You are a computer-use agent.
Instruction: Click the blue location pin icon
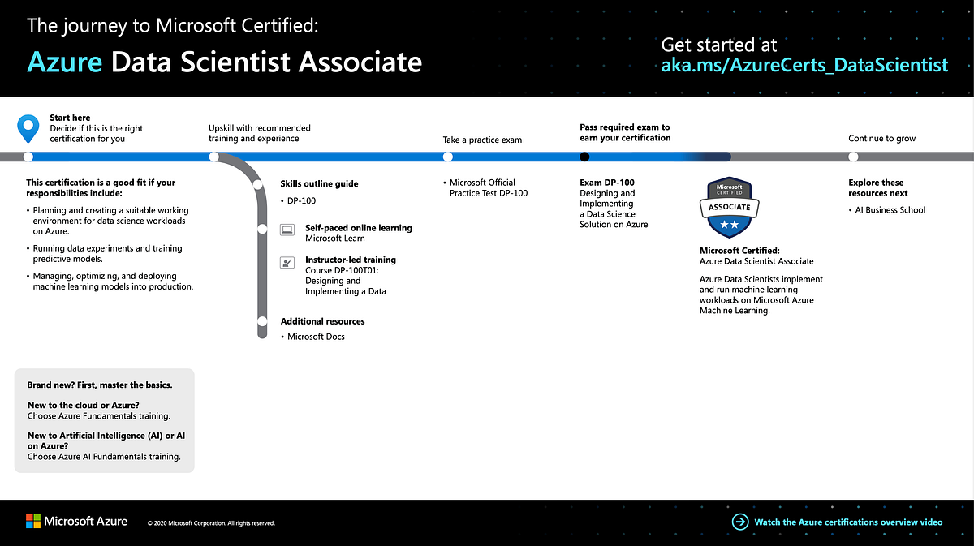[28, 127]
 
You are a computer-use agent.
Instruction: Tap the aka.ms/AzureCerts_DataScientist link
[804, 66]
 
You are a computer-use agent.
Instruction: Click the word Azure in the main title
[64, 62]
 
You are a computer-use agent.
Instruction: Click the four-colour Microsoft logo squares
[33, 522]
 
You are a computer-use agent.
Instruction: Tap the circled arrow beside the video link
[739, 522]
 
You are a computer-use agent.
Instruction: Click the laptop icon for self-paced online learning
[287, 230]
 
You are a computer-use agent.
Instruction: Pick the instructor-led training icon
[287, 262]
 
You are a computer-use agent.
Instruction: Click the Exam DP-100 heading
[607, 183]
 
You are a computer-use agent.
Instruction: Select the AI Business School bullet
[890, 210]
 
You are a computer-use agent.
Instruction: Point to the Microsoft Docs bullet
[316, 337]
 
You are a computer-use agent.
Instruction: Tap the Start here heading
[71, 118]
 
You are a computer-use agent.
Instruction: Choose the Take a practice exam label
[482, 140]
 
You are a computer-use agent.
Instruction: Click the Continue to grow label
[881, 139]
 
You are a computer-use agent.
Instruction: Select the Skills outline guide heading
[319, 184]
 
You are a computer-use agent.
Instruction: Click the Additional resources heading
[322, 321]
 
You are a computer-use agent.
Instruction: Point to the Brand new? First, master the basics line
[100, 385]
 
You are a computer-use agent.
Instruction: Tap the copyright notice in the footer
[211, 523]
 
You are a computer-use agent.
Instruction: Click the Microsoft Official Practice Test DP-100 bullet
[488, 187]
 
